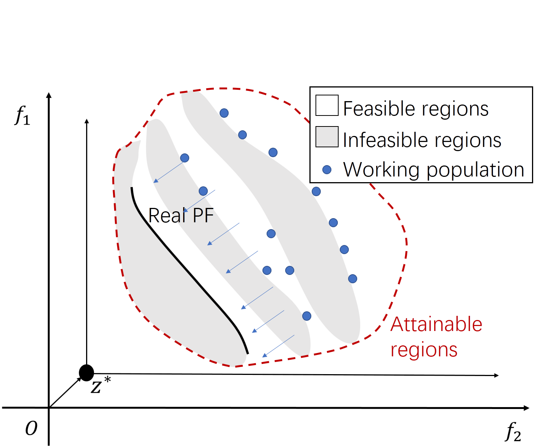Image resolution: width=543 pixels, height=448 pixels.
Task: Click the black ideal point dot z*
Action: pyautogui.click(x=86, y=373)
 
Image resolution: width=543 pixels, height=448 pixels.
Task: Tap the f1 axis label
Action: pyautogui.click(x=22, y=115)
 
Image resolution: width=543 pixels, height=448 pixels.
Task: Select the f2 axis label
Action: pyautogui.click(x=513, y=432)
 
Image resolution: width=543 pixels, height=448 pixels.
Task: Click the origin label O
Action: pyautogui.click(x=31, y=429)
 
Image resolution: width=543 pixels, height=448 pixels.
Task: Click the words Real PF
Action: pyautogui.click(x=181, y=215)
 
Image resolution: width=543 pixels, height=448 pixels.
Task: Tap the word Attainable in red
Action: pyautogui.click(x=436, y=325)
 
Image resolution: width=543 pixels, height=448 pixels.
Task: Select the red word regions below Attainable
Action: pyautogui.click(x=424, y=350)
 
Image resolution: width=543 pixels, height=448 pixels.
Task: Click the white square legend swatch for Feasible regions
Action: pyautogui.click(x=327, y=105)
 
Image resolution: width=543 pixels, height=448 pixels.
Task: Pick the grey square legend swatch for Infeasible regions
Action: pyautogui.click(x=327, y=137)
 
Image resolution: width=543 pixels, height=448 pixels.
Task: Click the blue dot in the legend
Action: pyautogui.click(x=327, y=170)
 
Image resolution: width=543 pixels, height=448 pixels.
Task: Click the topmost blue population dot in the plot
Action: pyautogui.click(x=224, y=113)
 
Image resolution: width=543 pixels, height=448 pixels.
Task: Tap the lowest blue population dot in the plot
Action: pyautogui.click(x=307, y=316)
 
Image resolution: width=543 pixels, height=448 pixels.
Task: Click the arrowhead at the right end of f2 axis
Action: pyautogui.click(x=526, y=408)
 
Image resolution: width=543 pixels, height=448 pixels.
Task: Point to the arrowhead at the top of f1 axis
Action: pyautogui.click(x=49, y=95)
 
